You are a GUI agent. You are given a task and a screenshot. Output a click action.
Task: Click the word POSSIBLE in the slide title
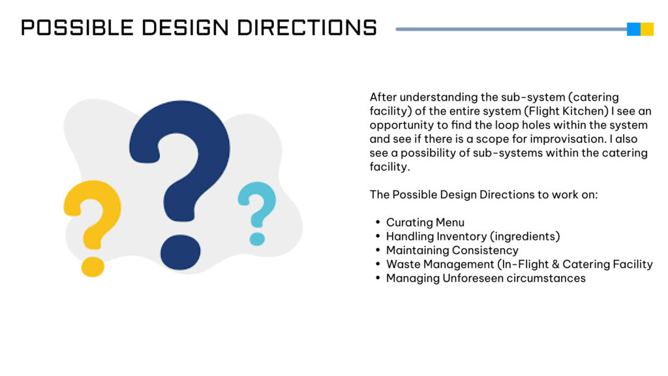77,27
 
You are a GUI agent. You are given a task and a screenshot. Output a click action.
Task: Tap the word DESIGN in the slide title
185,27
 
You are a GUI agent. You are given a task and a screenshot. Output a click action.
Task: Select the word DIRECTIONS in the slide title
307,27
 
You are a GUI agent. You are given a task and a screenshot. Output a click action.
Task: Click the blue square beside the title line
633,29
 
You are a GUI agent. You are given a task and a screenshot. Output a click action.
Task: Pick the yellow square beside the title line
647,29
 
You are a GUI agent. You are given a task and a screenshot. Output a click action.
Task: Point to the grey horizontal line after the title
511,29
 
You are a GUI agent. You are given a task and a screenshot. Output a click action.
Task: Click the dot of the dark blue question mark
180,252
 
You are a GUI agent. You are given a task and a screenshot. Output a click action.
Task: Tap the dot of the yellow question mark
93,267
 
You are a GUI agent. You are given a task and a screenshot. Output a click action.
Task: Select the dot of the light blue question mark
257,239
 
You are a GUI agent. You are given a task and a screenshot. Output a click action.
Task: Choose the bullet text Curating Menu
425,223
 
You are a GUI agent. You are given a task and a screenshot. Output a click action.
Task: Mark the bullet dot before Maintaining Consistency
378,250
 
